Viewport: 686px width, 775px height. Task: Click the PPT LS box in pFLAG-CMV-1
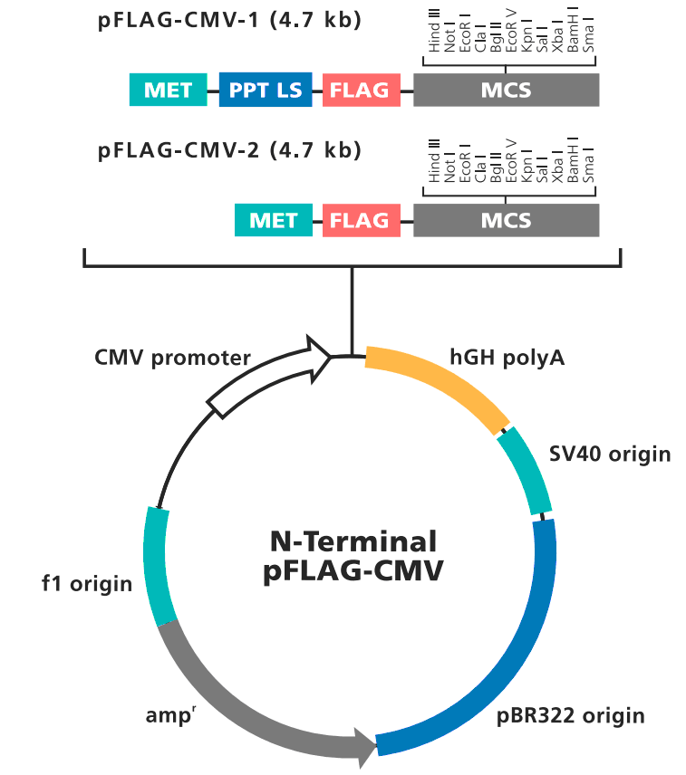tap(266, 90)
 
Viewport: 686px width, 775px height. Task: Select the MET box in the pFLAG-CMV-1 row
tap(169, 90)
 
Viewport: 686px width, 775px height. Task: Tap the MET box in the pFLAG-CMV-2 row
tap(273, 220)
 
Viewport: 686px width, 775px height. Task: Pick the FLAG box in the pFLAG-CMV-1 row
tap(361, 90)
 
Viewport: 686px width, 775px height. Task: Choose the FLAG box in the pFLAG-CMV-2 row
tap(361, 220)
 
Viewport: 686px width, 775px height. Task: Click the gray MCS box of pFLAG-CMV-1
tap(506, 90)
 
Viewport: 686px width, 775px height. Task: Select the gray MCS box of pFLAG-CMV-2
tap(506, 220)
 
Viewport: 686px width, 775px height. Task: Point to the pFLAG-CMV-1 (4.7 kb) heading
tap(229, 19)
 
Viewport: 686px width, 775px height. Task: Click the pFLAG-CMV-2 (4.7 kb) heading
tap(229, 149)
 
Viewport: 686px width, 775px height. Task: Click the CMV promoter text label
tap(172, 358)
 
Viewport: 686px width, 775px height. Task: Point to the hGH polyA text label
tap(507, 358)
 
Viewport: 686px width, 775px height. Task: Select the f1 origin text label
tap(87, 583)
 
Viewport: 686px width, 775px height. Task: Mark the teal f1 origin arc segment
tap(159, 566)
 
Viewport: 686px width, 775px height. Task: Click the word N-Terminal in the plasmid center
tap(353, 541)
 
